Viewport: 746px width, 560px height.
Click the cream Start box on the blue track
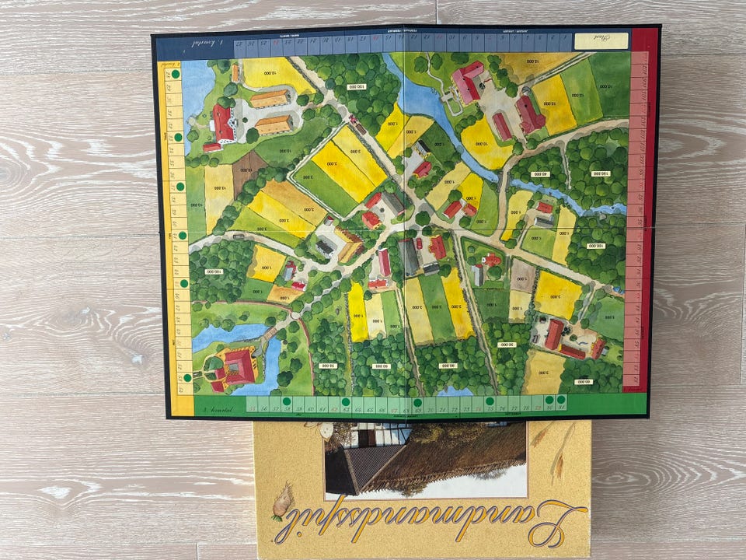tap(601, 40)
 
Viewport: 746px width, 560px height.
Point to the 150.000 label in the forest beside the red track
tap(600, 173)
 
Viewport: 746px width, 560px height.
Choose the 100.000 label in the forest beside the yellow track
tap(213, 272)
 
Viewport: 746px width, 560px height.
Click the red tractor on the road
tap(354, 121)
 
